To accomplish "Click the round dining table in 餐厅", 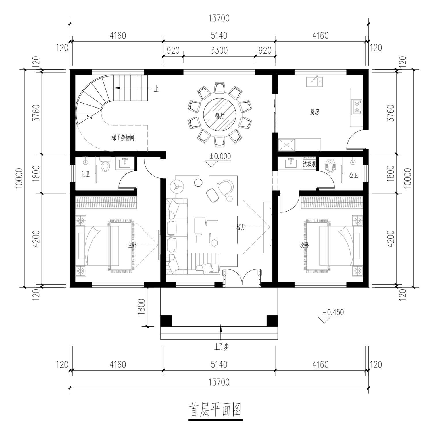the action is coord(220,114).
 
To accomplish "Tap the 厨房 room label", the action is coord(315,112).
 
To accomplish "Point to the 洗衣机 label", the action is coord(309,164).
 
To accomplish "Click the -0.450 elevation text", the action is coord(333,312).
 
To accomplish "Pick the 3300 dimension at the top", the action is coord(219,51).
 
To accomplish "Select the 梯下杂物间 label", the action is coord(123,138).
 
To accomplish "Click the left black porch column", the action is coord(166,321).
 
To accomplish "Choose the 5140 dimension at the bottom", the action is coord(219,365).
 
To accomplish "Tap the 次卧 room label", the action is coord(305,245).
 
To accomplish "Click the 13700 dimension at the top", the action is coord(219,18).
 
